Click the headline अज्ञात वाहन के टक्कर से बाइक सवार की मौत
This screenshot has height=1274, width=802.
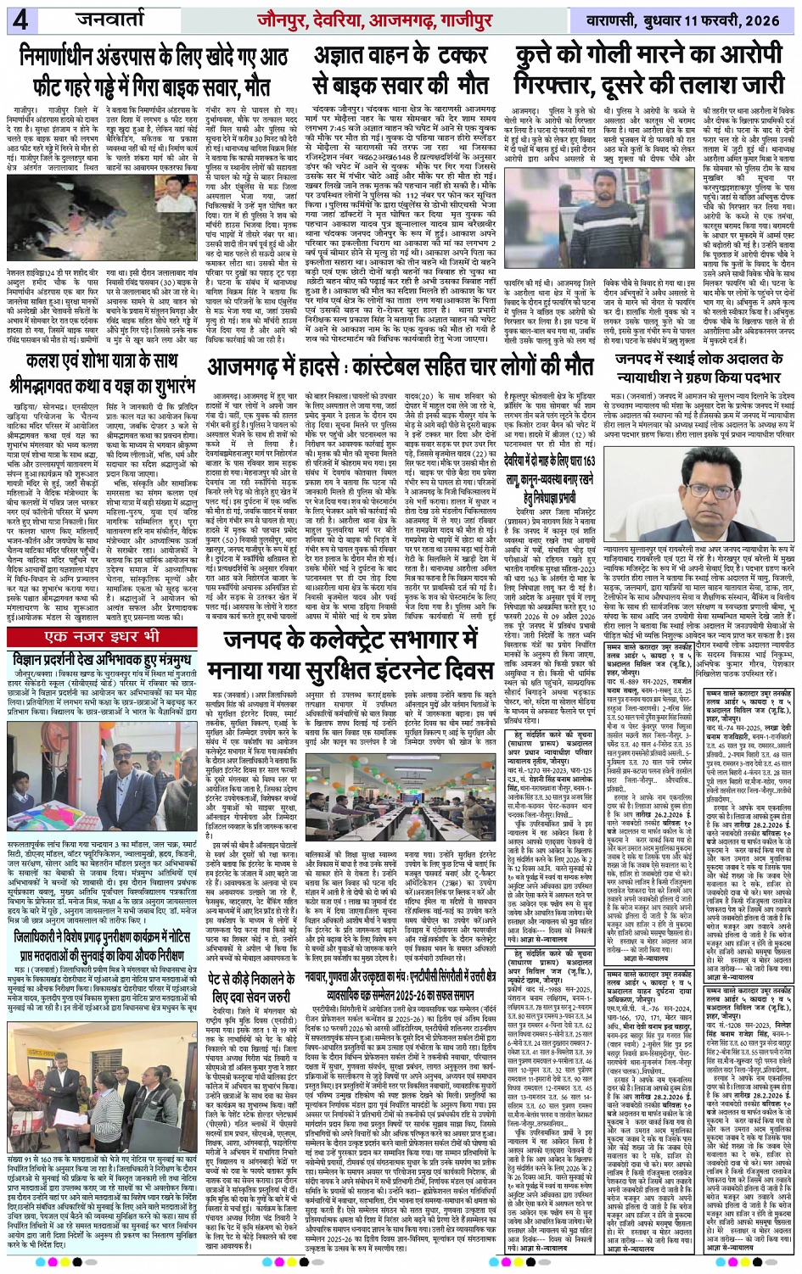(401, 72)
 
